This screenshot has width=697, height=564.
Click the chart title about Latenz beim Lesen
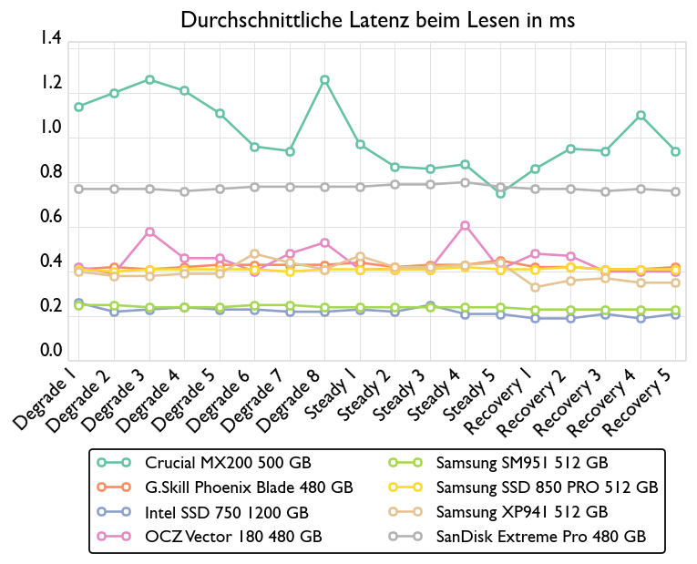point(378,20)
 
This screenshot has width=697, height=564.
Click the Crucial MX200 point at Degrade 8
point(324,80)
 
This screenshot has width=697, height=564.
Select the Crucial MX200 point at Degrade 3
point(149,80)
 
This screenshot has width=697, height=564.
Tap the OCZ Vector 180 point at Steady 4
point(465,225)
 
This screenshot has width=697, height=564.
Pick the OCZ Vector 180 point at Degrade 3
point(149,231)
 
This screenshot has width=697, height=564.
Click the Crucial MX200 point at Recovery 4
point(641,116)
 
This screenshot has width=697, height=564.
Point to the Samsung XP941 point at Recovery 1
point(535,288)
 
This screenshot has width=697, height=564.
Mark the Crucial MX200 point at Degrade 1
point(79,107)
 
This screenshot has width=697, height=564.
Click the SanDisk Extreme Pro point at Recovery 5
point(675,191)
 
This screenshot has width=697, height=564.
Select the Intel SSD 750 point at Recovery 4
point(641,319)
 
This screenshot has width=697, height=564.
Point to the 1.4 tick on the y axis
point(51,39)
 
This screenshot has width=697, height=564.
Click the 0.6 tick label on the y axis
point(51,218)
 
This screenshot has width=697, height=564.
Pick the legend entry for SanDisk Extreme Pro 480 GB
point(541,538)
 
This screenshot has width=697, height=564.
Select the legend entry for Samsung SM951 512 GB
point(521,463)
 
